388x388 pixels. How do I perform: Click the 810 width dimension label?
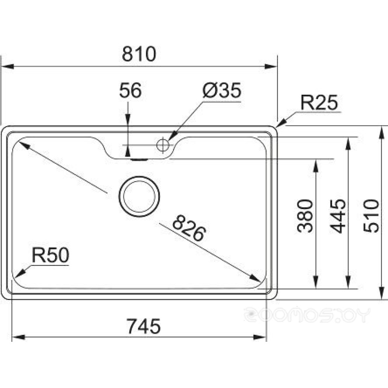(139, 54)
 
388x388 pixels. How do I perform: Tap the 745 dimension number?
(144, 326)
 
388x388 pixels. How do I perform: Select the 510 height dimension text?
(371, 216)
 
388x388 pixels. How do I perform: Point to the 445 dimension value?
(338, 216)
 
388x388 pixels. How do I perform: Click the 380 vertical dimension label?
(305, 216)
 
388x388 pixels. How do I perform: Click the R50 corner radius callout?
(51, 255)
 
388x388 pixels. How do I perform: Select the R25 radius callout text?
(319, 102)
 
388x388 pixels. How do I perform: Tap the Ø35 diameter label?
(222, 90)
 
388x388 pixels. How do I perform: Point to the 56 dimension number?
(130, 90)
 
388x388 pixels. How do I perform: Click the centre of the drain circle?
(139, 196)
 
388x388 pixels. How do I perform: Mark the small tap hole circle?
(163, 144)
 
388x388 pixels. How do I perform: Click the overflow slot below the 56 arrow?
(139, 159)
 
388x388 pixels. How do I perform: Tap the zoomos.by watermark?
(307, 315)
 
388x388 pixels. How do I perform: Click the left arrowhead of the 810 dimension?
(8, 67)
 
